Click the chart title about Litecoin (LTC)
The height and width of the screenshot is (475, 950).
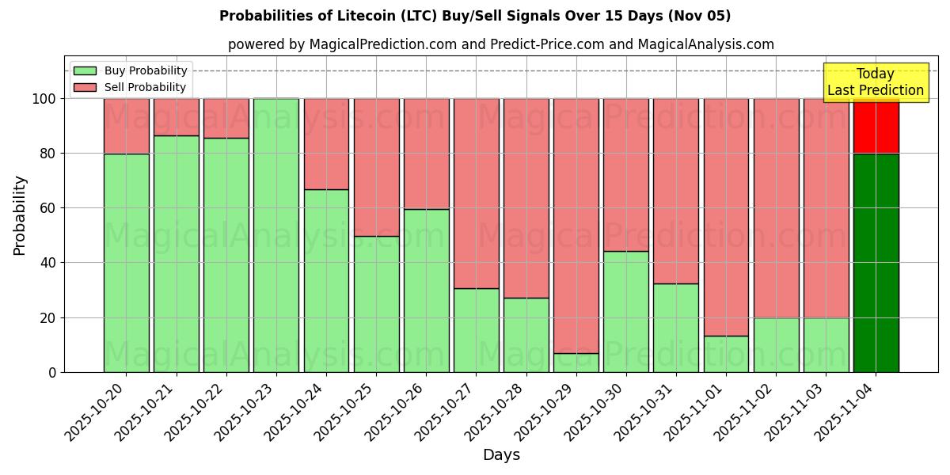coord(475,16)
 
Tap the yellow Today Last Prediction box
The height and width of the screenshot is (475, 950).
coord(875,82)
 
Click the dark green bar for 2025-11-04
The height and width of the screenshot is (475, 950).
coord(876,263)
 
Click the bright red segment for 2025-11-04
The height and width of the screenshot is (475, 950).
coord(876,127)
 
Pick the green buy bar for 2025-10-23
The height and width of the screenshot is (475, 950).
coord(276,235)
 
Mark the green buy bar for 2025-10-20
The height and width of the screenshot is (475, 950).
coord(127,263)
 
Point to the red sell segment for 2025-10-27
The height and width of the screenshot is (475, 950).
coord(477,193)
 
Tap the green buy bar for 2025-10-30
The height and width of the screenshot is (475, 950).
coord(626,311)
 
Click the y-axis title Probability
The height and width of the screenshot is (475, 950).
coord(20,215)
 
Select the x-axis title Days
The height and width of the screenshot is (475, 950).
coord(501,455)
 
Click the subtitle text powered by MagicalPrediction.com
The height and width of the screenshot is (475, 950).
coord(500,44)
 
